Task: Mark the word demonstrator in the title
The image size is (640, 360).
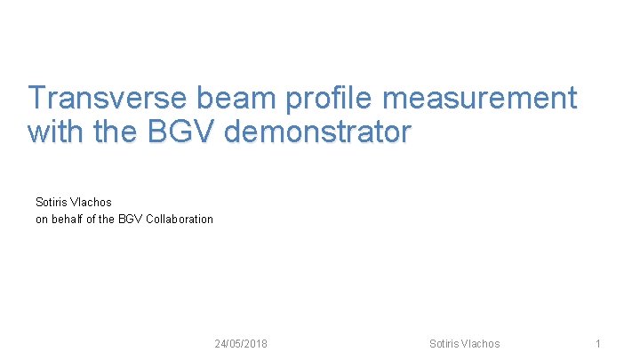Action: [x=319, y=132]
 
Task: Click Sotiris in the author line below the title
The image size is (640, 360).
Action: [x=52, y=203]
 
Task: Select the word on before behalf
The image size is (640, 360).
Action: [x=42, y=219]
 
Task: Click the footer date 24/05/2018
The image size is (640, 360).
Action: [x=241, y=344]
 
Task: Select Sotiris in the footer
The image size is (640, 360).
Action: [x=444, y=344]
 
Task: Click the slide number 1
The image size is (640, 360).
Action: [x=598, y=344]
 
